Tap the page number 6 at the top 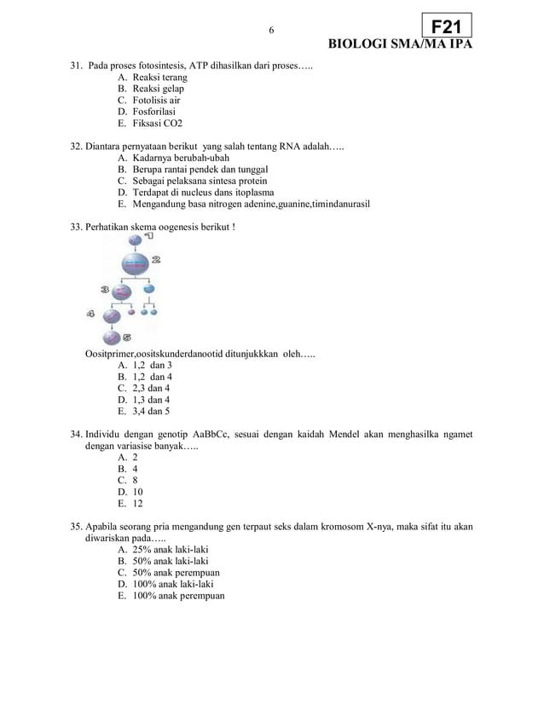pos(271,31)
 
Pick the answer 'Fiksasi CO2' pos(157,124)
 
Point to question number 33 pos(76,228)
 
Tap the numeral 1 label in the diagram pos(150,237)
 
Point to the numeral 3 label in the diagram pos(105,290)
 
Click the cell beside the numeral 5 pos(113,338)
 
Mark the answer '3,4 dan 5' pos(151,412)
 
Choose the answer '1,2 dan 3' pos(152,366)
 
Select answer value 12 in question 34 pos(137,504)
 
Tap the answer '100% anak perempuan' pos(178,596)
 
